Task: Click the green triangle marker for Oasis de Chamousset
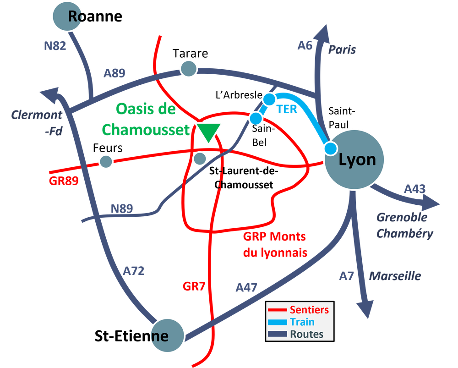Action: [208, 131]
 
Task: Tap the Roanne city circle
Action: [67, 16]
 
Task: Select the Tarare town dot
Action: [189, 69]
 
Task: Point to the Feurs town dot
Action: [106, 161]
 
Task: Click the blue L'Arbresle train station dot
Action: [269, 99]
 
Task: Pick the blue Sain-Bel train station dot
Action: [256, 118]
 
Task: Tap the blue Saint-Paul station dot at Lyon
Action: [331, 148]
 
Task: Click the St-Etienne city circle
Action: [168, 335]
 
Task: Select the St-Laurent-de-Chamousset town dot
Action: [200, 159]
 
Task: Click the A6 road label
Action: [305, 45]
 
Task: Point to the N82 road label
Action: [55, 46]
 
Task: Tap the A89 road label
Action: [114, 73]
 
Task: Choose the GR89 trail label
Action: [64, 181]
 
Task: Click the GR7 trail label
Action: [194, 286]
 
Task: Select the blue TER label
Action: [287, 110]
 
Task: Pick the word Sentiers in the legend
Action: [309, 310]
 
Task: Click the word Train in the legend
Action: [302, 322]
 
